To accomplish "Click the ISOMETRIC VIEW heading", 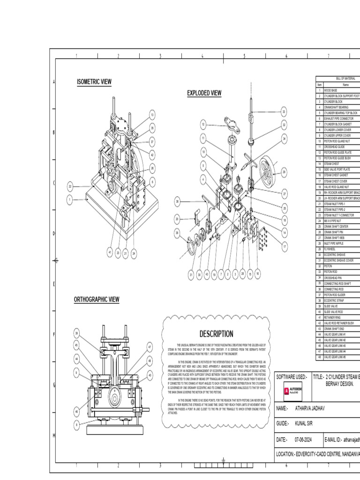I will coord(94,82).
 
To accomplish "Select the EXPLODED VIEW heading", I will coord(204,93).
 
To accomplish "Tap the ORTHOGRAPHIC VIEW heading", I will coord(97,300).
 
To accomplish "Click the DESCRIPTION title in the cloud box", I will coord(216,334).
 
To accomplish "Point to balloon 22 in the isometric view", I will coord(70,187).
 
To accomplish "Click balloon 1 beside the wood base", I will coord(70,200).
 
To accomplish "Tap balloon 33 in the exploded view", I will coord(284,112).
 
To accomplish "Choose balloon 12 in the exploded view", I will coord(203,125).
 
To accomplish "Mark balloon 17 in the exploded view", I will coord(284,246).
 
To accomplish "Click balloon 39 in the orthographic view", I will coord(77,333).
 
